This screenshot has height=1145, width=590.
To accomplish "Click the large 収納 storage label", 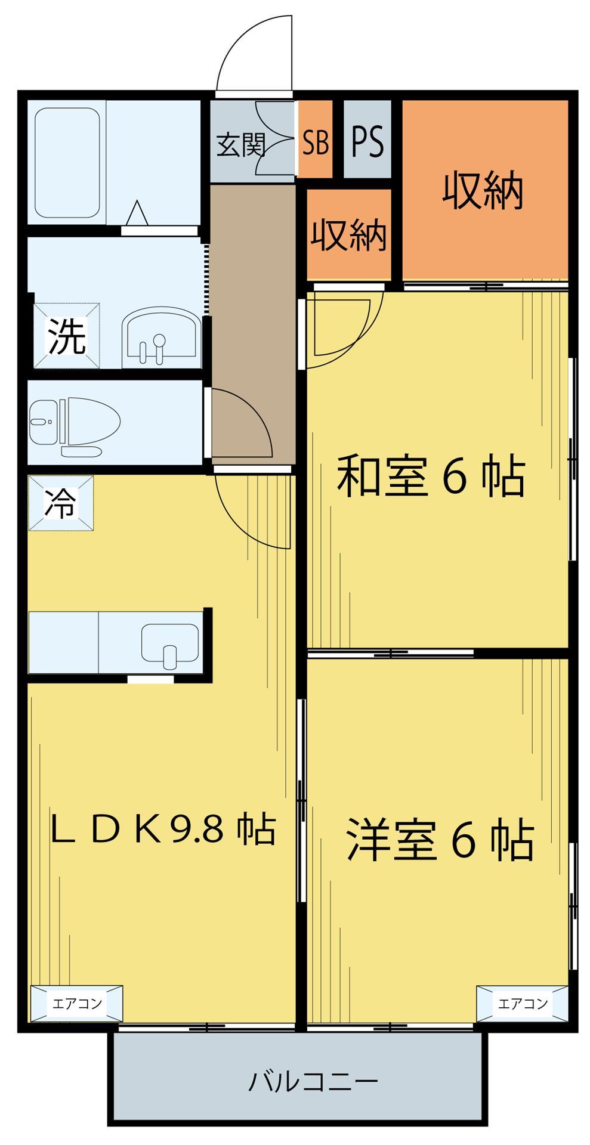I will (x=483, y=191).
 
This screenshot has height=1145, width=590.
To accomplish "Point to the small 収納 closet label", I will (x=348, y=235).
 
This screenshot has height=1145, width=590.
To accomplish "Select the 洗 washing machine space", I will (x=66, y=336).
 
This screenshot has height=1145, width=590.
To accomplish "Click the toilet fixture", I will (x=75, y=421).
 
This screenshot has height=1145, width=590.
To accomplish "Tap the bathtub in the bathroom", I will (x=67, y=163).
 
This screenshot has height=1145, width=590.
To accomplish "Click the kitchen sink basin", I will (x=170, y=644).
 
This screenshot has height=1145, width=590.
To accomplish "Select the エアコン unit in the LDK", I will (x=77, y=1003).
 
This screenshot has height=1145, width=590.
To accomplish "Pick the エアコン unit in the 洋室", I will (x=522, y=1003).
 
